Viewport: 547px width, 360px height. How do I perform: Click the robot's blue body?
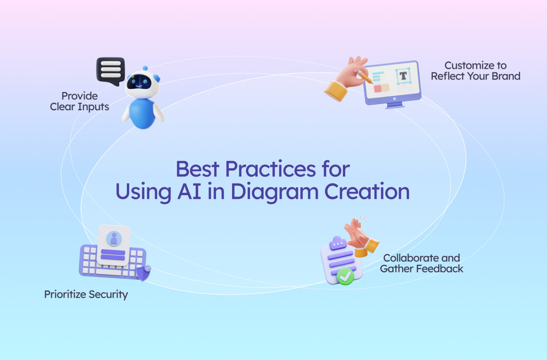point(142,113)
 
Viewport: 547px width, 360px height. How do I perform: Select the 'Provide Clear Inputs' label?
point(80,102)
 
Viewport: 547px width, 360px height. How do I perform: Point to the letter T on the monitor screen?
point(403,76)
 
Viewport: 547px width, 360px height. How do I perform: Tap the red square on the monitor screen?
point(377,88)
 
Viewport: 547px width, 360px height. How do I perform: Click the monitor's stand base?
point(395,106)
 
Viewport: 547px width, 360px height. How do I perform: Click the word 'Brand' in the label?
point(506,76)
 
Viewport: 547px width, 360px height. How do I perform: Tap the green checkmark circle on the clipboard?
point(345,276)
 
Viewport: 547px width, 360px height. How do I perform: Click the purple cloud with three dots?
point(338,243)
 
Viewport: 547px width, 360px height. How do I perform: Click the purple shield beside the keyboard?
point(144,273)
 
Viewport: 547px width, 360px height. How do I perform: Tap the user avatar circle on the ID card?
point(114,238)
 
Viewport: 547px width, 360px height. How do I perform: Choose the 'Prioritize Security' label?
point(86,295)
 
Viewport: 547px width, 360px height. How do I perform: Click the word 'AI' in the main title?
point(189,192)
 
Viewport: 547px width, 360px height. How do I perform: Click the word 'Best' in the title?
point(197,169)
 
